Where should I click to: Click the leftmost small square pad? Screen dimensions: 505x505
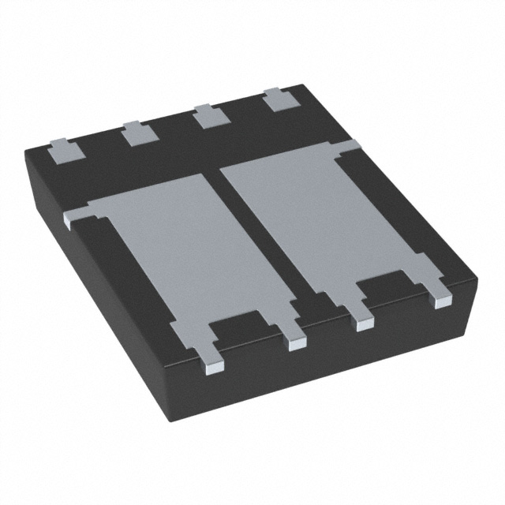[62, 150]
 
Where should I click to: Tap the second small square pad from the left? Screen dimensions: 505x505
[135, 133]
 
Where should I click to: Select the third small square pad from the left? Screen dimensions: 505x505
[208, 117]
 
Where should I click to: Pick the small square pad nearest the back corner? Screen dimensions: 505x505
[276, 101]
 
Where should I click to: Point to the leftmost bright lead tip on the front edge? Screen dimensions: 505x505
[214, 364]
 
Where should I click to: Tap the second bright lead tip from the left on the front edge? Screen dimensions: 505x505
[297, 343]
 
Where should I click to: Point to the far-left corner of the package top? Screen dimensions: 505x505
[26, 148]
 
